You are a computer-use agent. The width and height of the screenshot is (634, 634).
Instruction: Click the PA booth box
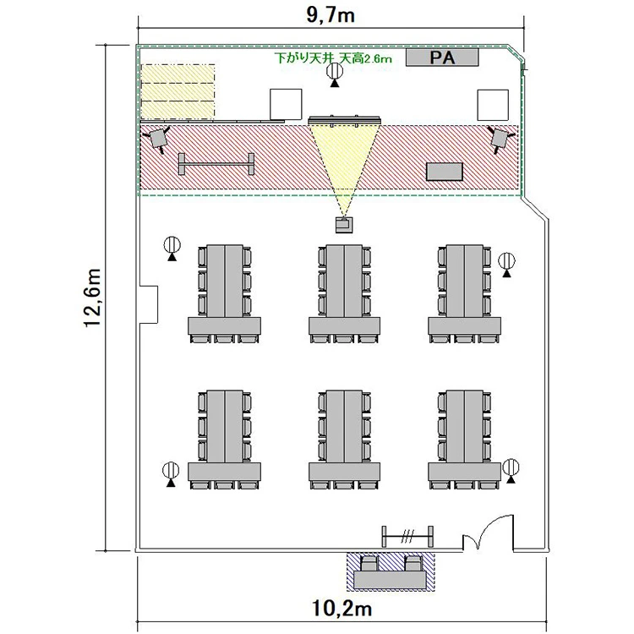[441, 57]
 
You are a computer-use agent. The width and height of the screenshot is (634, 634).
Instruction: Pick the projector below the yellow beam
[344, 224]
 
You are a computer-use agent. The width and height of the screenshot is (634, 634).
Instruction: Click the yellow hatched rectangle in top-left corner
[178, 90]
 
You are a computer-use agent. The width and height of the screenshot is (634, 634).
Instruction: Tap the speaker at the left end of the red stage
[158, 137]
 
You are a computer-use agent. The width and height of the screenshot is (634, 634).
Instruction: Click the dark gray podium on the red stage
[445, 171]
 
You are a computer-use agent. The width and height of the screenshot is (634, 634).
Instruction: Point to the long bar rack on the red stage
[216, 163]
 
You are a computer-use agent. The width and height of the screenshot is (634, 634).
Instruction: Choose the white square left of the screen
[285, 104]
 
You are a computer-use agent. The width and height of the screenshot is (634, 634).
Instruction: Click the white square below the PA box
[493, 104]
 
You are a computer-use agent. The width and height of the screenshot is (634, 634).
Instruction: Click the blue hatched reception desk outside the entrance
[391, 572]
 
